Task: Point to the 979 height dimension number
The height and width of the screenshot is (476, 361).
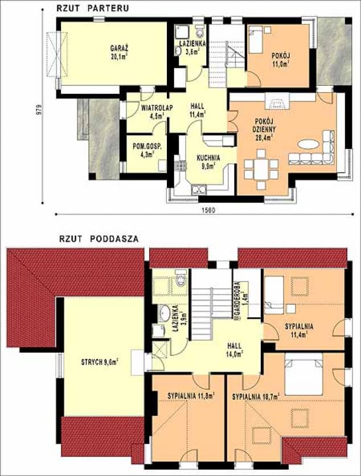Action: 38,109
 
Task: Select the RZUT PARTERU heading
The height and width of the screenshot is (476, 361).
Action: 93,8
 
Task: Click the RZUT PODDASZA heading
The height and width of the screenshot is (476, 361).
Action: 99,239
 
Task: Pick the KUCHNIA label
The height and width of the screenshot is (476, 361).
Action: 208,158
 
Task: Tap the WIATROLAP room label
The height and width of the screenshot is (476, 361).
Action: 157,107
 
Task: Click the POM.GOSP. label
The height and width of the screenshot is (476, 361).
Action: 147,146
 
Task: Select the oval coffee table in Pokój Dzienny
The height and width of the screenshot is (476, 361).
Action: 308,144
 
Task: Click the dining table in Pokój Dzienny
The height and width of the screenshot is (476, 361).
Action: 261,169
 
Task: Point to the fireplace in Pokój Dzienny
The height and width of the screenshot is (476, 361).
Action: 277,101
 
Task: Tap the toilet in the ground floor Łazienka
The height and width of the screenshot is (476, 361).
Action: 200,31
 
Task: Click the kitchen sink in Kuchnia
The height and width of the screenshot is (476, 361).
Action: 199,189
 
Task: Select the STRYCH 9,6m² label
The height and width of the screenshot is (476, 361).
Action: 100,362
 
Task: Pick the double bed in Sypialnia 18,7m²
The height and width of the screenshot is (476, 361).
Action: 303,374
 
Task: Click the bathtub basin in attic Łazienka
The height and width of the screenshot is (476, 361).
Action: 165,313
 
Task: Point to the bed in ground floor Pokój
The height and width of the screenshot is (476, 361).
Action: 256,39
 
